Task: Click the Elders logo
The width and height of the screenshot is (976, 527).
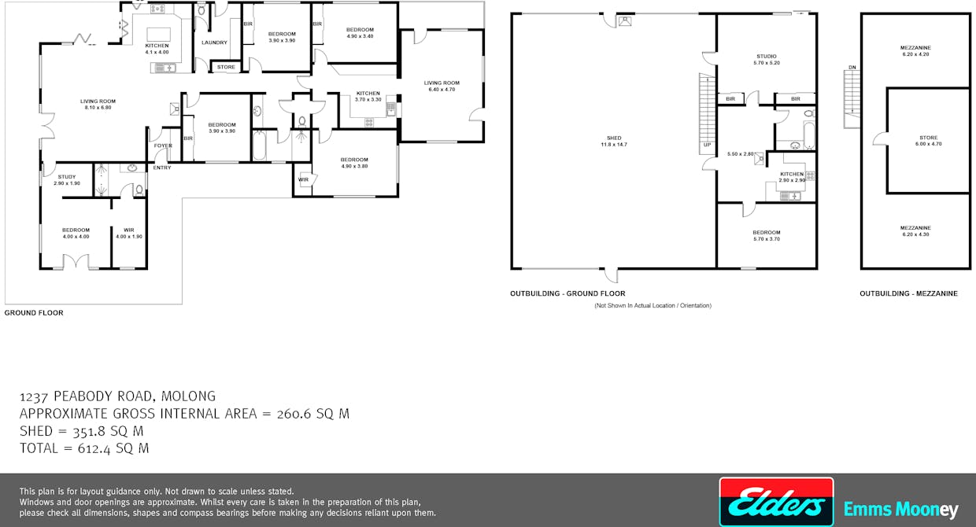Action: [x=776, y=502]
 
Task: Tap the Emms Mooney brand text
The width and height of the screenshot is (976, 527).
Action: [x=900, y=510]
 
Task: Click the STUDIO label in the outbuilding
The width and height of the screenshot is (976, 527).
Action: [x=767, y=57]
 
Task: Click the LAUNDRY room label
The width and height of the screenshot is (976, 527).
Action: [x=214, y=42]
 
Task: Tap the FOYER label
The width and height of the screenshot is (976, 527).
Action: [x=163, y=146]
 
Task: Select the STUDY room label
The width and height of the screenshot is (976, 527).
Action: [x=67, y=177]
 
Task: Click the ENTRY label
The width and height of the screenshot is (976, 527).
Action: [x=162, y=168]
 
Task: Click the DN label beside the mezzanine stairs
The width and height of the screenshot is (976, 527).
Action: [x=852, y=67]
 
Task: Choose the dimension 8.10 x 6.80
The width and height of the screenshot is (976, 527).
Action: [x=98, y=108]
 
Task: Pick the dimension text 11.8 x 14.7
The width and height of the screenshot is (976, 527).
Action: [x=614, y=145]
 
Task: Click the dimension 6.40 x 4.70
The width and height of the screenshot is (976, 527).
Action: [x=442, y=90]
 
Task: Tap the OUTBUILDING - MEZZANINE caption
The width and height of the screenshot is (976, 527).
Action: [x=908, y=293]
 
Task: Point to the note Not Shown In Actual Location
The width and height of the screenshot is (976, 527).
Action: [x=653, y=305]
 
